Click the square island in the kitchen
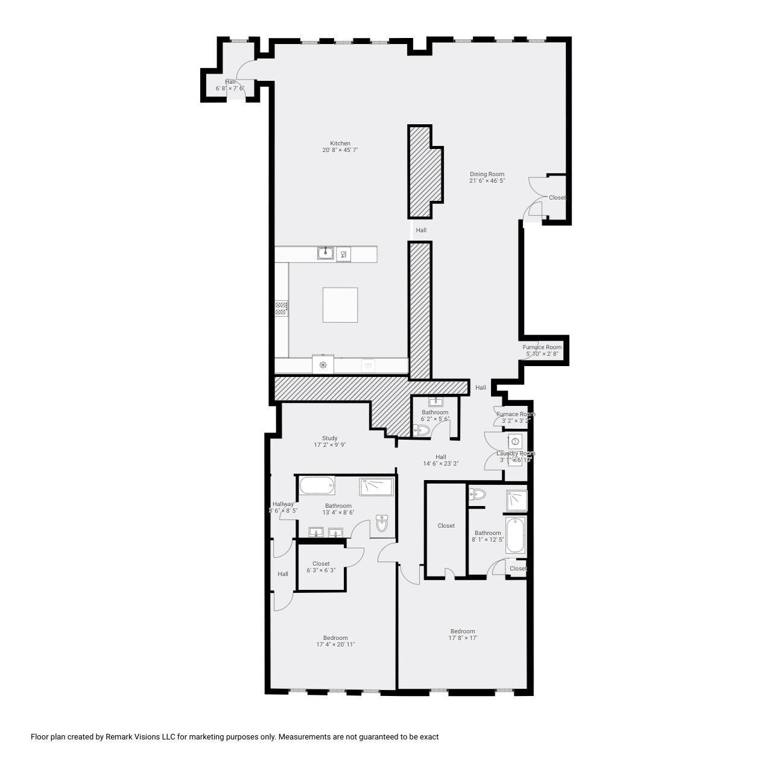340,305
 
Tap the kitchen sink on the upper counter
326,253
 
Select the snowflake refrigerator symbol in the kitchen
323,365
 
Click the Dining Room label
487,177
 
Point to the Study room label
329,441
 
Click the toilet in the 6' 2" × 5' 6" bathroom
422,430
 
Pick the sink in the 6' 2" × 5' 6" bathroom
435,402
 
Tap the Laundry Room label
515,457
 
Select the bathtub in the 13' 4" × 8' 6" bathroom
316,485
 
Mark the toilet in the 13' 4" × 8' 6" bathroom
382,524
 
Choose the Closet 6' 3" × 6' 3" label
321,567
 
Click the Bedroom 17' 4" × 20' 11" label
335,641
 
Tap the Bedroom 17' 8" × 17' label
463,634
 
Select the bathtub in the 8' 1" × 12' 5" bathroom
515,535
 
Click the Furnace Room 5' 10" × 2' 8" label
542,350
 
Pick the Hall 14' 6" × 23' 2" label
441,460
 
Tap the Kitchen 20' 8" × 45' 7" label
340,147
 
